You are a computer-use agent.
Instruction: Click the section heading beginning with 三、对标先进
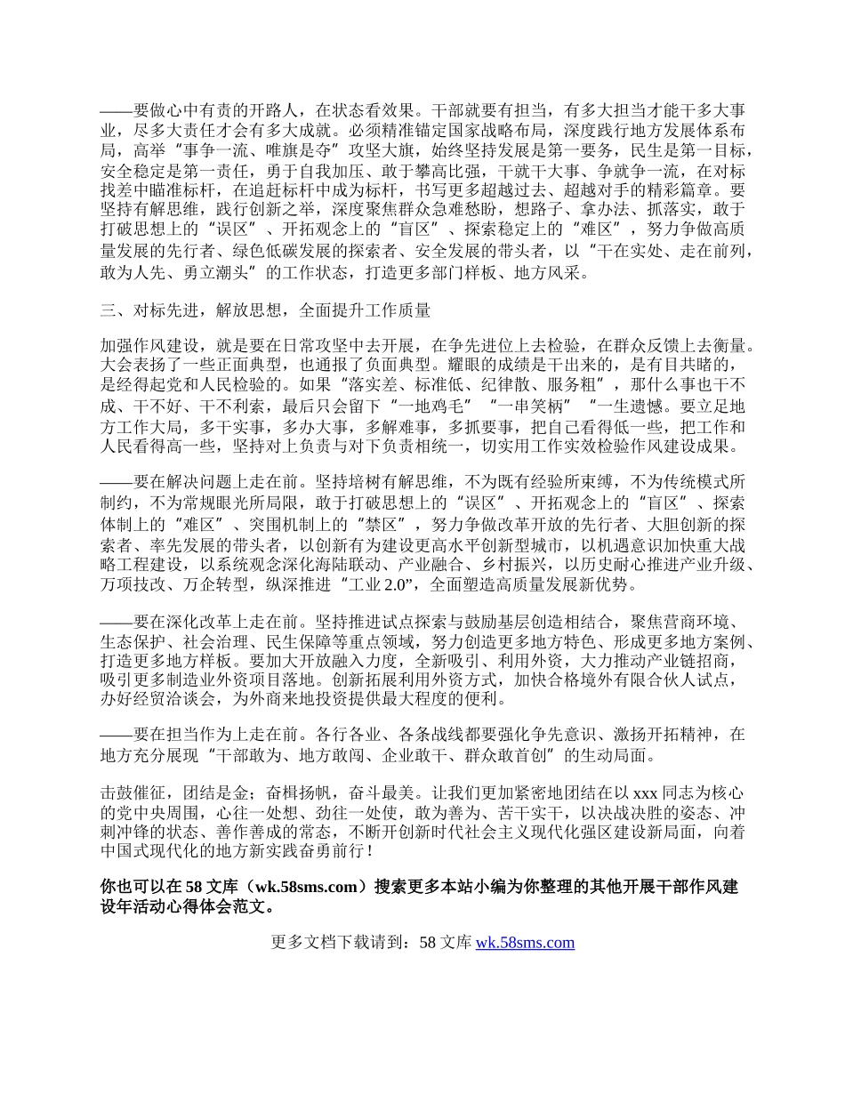click(x=266, y=310)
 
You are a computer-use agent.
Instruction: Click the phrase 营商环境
click(x=684, y=623)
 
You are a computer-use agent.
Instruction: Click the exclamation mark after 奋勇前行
click(x=369, y=851)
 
